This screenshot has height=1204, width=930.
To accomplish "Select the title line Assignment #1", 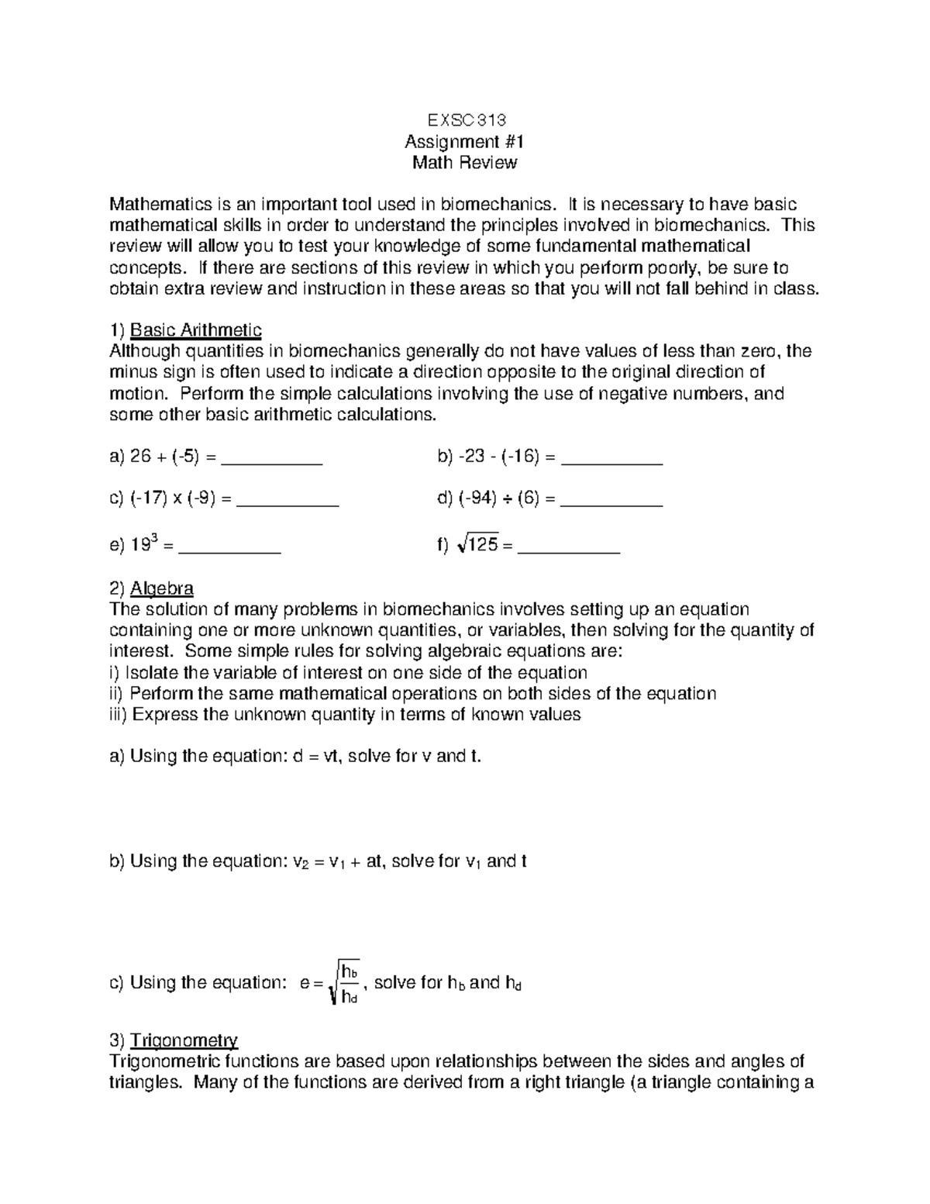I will pos(465,142).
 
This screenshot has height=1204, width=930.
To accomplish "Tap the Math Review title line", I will pos(465,163).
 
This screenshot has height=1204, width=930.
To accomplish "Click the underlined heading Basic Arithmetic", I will pos(196,330).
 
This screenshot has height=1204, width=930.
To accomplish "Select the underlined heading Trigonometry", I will pos(184,1040).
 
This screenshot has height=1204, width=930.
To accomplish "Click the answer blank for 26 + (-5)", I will pos(271,462).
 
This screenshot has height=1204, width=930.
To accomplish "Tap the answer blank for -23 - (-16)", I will pos(611,462).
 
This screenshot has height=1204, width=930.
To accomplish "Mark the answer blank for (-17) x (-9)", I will pos(288,504).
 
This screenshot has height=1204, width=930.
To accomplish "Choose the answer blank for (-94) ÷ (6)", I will pos(611,504).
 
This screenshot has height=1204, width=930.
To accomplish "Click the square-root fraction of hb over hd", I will pos(345,982).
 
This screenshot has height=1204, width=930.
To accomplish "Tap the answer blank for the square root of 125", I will pos(569,550).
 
